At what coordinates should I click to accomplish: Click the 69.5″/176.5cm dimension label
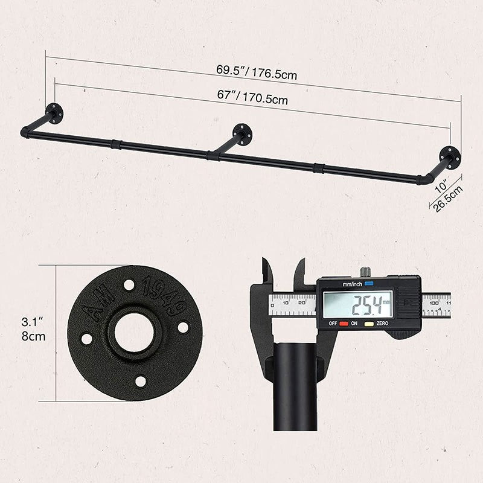click(257, 72)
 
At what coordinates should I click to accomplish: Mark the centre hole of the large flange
click(134, 333)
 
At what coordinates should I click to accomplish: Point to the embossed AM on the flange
click(97, 308)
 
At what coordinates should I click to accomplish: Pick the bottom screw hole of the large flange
click(141, 381)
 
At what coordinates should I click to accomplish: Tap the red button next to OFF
click(344, 324)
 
